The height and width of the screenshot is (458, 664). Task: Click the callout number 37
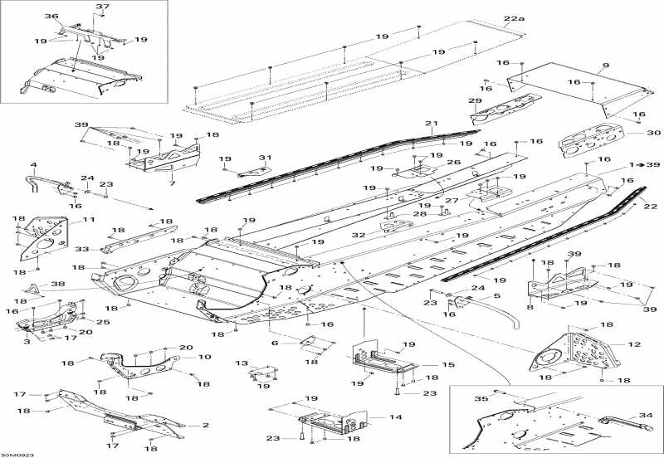(102, 7)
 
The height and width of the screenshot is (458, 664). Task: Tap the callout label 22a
(514, 18)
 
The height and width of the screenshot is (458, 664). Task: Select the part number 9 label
(606, 66)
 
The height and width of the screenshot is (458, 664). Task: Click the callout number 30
(654, 133)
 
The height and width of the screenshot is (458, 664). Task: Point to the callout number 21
(431, 123)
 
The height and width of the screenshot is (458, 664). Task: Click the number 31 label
(265, 158)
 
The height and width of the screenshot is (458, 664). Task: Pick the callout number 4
(33, 164)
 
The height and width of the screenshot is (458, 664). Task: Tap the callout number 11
(89, 219)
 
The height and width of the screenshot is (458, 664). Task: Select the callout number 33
(81, 249)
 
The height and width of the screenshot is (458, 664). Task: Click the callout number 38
(58, 284)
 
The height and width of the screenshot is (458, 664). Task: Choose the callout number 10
(204, 357)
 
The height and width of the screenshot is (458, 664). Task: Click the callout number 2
(205, 425)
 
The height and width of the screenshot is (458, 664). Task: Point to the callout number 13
(242, 363)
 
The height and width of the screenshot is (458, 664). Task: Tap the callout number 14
(395, 417)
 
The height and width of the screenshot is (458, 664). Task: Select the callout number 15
(447, 364)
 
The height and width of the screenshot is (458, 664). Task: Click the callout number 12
(634, 344)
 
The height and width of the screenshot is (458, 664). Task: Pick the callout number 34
(646, 415)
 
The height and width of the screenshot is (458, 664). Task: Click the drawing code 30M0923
(17, 455)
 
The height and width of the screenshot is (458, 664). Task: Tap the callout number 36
(51, 16)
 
